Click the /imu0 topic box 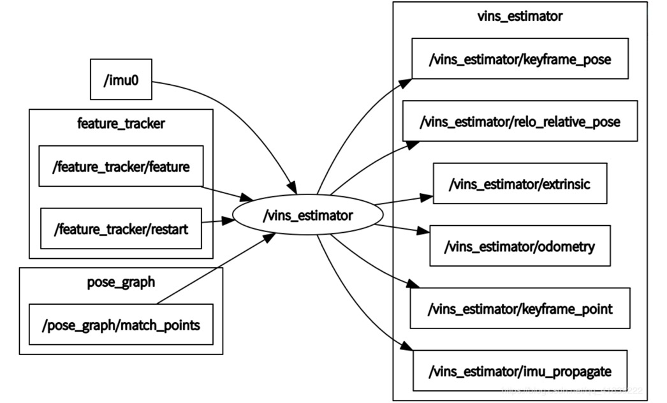121,80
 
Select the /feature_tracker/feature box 121,166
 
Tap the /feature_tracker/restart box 121,228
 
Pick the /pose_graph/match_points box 121,325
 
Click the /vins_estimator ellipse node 307,216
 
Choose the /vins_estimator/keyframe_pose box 520,59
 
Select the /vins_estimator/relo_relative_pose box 520,121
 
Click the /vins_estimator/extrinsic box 520,184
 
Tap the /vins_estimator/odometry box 520,245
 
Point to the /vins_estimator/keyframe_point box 520,308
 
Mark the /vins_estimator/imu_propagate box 520,370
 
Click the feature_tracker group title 121,123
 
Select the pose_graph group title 121,281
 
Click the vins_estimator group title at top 520,17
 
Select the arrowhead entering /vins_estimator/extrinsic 427,197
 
